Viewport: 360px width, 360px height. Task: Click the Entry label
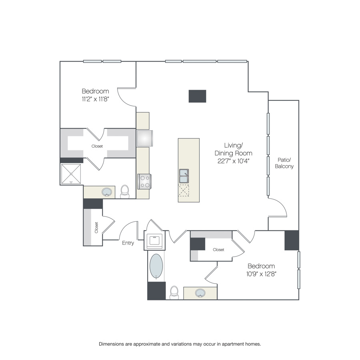pos(128,243)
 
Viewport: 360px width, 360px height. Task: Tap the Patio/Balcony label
pos(284,163)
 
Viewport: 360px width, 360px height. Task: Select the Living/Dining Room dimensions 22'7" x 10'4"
pos(234,161)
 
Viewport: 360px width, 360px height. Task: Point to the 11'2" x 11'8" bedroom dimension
pos(95,99)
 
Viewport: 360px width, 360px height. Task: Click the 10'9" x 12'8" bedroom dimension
pos(261,274)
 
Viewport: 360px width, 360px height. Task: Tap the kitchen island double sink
pos(184,176)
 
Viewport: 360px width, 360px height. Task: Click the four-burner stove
pos(144,182)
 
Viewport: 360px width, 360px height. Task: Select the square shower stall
pos(71,174)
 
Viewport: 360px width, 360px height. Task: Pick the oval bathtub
pos(156,266)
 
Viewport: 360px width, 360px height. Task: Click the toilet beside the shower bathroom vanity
pos(125,192)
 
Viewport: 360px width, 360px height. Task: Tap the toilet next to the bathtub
pos(174,292)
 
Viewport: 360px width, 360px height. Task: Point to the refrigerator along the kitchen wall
pos(145,138)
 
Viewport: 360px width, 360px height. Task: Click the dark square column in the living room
pos(198,96)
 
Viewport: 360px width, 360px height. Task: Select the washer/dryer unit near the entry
pos(154,240)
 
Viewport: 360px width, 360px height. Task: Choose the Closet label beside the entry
pos(96,228)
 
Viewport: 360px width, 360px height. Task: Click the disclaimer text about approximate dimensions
pos(180,344)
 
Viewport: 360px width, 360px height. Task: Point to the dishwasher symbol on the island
pos(184,190)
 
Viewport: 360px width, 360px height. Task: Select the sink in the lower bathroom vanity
pos(200,293)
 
